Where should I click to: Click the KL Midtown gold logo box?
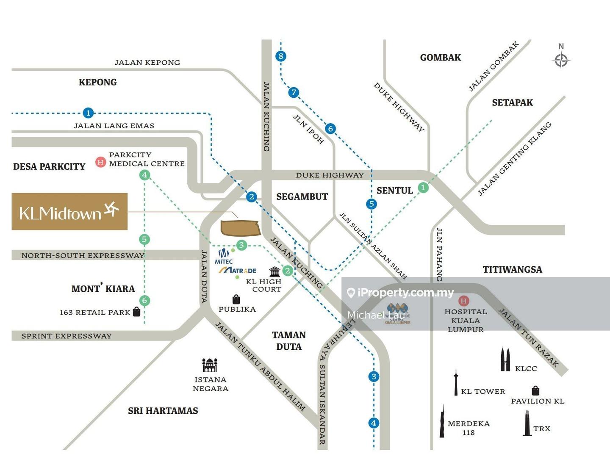69,212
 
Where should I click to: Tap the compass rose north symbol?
561,60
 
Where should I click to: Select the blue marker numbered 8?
280,56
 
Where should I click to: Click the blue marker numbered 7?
294,92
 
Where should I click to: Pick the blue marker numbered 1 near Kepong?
88,113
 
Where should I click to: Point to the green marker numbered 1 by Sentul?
423,187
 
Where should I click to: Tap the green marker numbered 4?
145,175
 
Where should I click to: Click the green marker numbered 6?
144,301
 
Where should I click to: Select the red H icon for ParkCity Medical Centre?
100,162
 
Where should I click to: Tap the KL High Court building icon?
274,271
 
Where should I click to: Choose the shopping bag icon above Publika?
236,299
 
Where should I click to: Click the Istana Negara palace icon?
210,365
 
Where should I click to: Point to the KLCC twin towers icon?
505,360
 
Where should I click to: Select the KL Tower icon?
456,383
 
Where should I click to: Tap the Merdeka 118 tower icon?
442,422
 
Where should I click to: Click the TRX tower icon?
527,423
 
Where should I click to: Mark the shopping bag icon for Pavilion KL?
535,390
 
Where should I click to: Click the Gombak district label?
440,58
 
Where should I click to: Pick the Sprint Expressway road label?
67,336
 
